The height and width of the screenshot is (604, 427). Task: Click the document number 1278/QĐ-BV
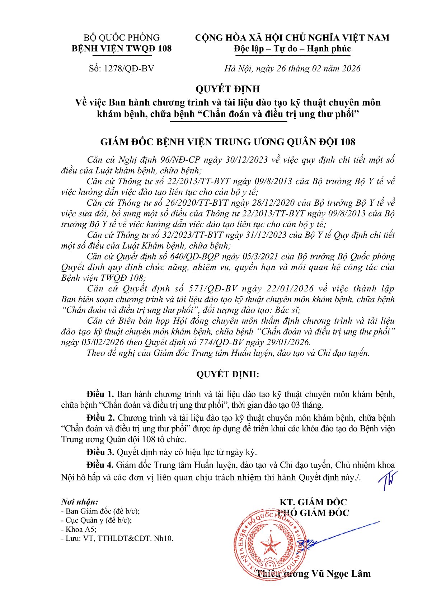[x=129, y=69]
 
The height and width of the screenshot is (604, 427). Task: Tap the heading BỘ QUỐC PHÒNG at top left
[x=121, y=38]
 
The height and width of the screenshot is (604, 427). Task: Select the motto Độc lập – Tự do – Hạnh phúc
[x=292, y=49]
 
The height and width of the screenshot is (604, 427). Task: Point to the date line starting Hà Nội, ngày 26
[x=292, y=69]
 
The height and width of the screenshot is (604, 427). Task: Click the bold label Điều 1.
[x=100, y=394]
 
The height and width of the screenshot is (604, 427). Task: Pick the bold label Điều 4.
[x=100, y=465]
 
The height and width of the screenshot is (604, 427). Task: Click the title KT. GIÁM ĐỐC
[x=313, y=502]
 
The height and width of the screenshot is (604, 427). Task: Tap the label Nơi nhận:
[x=79, y=502]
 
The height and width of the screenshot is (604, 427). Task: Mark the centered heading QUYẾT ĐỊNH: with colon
[x=227, y=375]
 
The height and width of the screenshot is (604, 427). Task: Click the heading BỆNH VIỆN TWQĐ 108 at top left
[x=122, y=48]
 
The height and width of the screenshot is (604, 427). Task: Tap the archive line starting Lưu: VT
[x=117, y=538]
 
